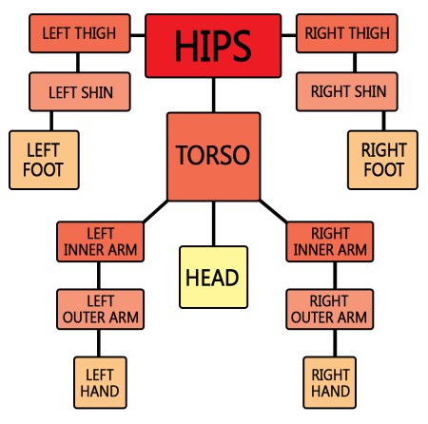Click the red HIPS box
[213, 46]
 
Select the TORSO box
[214, 157]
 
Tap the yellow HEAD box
[213, 277]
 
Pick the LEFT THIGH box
[80, 33]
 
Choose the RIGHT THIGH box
[347, 33]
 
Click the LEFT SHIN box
[80, 92]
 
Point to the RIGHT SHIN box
[347, 92]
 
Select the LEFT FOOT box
[44, 160]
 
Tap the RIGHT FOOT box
[382, 160]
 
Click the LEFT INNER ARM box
[100, 241]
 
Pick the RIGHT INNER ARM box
[330, 241]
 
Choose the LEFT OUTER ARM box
[100, 309]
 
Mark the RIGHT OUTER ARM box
[330, 309]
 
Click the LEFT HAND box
[100, 382]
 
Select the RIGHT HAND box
[330, 382]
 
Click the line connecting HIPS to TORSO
[214, 95]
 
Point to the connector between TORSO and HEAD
[214, 223]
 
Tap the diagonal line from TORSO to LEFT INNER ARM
[155, 211]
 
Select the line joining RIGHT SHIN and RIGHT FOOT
[383, 121]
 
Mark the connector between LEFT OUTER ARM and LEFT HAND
[99, 343]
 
